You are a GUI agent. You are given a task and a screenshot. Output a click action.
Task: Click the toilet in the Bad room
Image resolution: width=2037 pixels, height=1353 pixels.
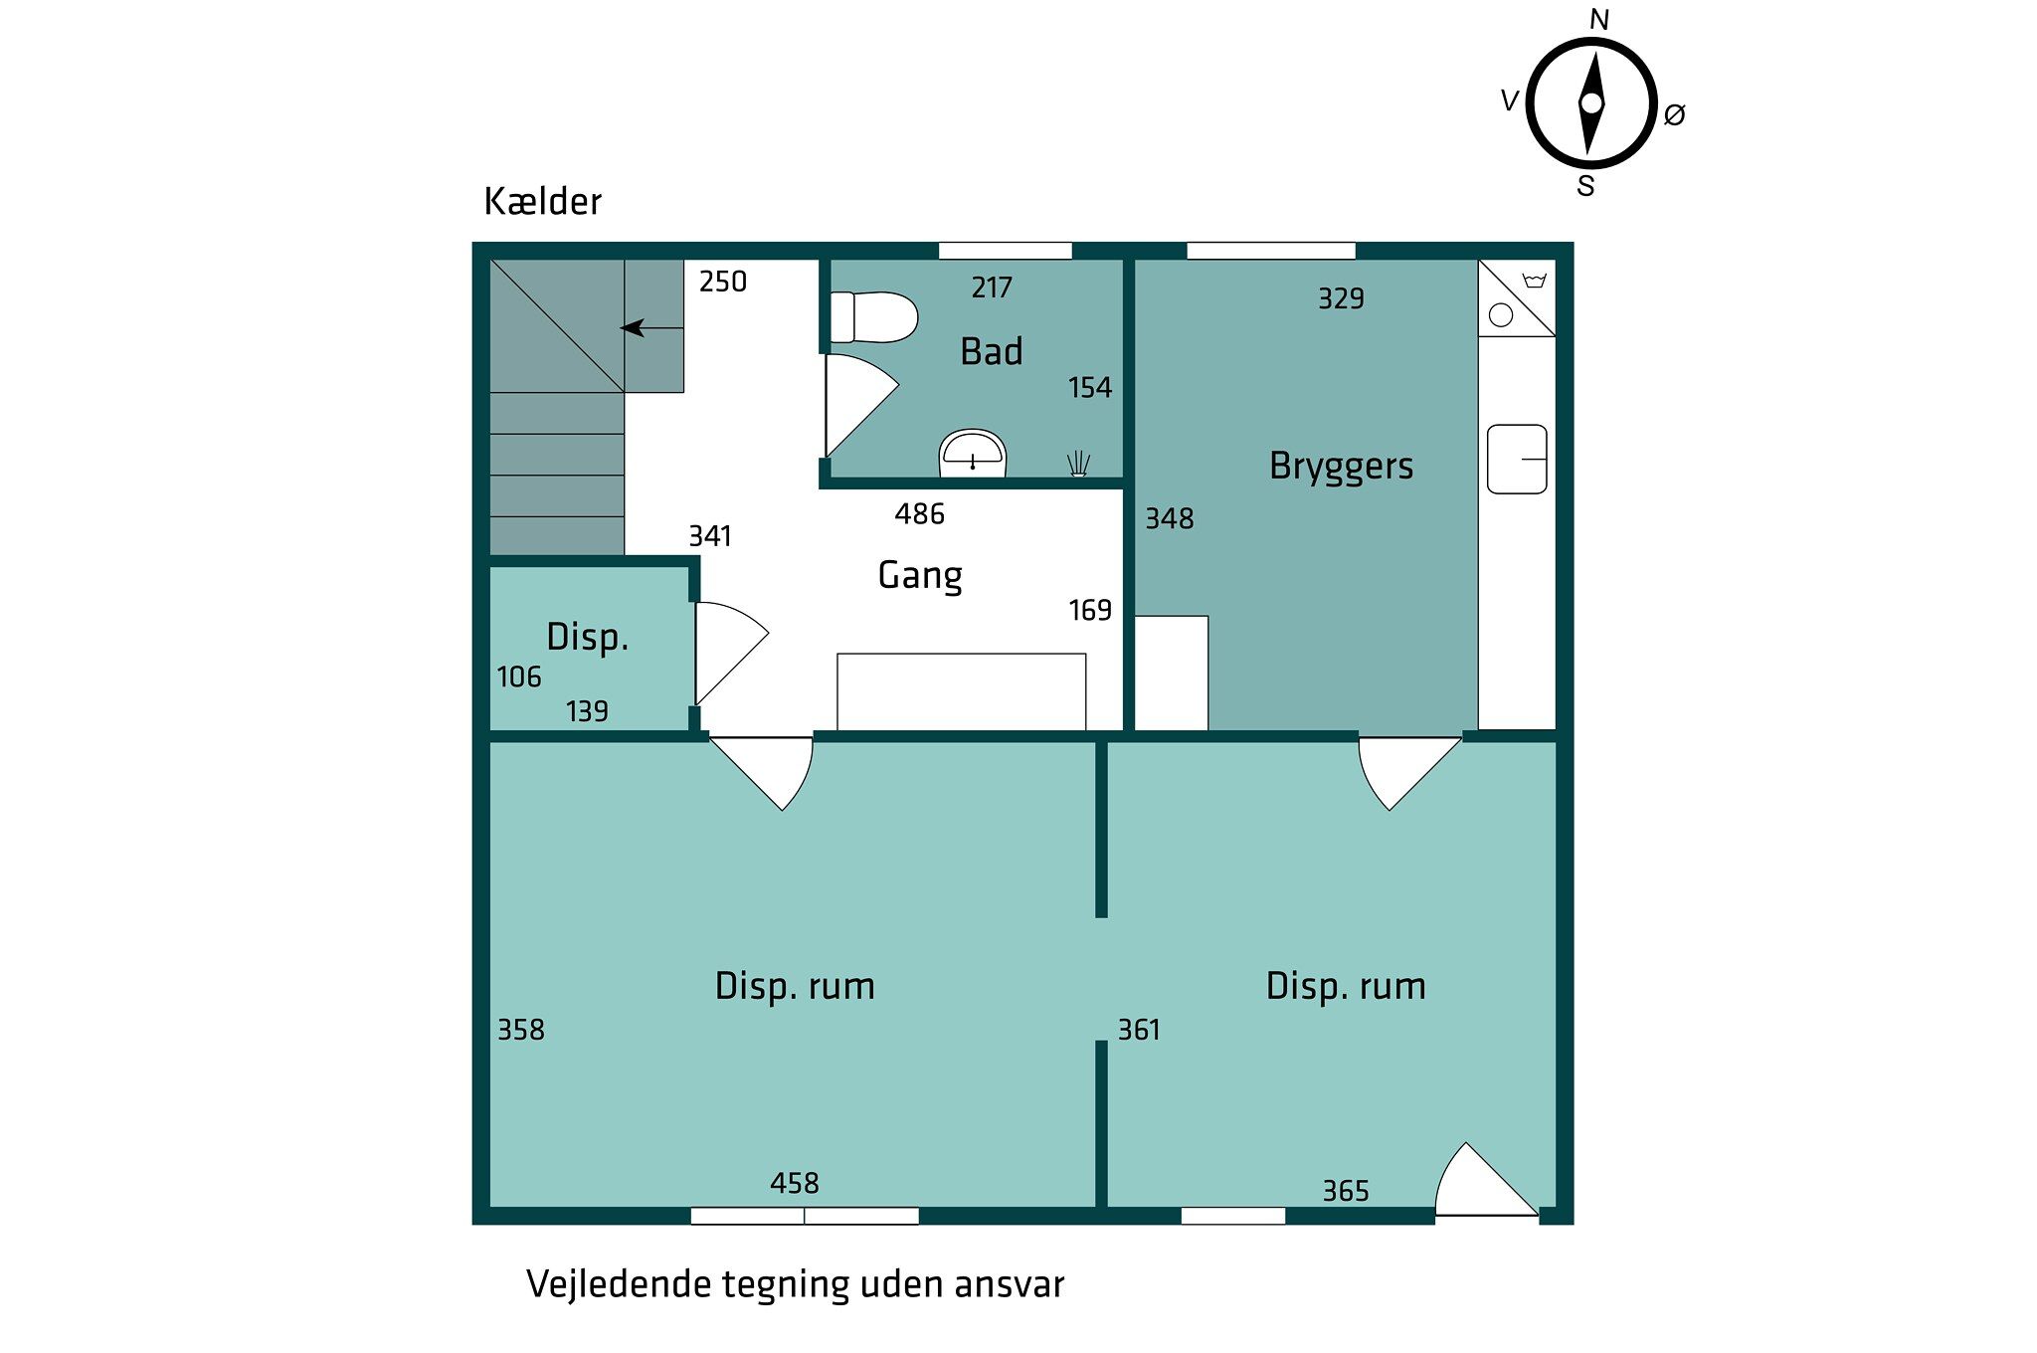click(x=873, y=317)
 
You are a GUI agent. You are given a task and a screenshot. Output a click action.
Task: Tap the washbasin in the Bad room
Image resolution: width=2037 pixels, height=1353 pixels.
click(x=973, y=454)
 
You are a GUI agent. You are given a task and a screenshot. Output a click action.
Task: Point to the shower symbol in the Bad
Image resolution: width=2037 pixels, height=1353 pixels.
click(x=1078, y=464)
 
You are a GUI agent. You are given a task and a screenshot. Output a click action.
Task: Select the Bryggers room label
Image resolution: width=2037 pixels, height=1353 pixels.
click(x=1341, y=467)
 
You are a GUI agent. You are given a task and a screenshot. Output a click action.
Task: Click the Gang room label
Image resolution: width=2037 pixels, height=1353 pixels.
click(x=920, y=576)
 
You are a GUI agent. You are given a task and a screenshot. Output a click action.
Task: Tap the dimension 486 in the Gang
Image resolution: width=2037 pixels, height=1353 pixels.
click(x=919, y=513)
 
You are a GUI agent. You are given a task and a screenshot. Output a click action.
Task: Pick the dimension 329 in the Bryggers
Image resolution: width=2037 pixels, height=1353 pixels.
click(x=1341, y=298)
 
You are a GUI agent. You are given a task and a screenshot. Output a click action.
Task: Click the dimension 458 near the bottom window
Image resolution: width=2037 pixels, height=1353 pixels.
click(x=794, y=1183)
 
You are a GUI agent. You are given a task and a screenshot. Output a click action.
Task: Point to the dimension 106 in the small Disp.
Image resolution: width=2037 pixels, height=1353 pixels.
click(x=519, y=676)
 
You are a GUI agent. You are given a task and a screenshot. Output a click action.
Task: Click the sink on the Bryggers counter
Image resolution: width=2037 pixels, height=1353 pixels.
click(x=1517, y=460)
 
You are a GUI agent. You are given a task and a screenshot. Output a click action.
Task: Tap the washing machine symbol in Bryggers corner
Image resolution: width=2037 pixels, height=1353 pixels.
click(x=1517, y=297)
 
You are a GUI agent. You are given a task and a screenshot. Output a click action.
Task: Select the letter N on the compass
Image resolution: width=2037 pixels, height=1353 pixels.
click(x=1599, y=20)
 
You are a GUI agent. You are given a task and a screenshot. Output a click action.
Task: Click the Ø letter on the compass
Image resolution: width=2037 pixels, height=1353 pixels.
click(x=1675, y=115)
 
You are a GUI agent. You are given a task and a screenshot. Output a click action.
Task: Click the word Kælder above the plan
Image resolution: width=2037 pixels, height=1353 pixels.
click(x=542, y=201)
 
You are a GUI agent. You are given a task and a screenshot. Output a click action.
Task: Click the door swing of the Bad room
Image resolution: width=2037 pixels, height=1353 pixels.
click(x=861, y=404)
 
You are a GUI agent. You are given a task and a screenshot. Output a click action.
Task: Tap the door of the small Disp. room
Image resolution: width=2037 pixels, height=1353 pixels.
click(x=732, y=653)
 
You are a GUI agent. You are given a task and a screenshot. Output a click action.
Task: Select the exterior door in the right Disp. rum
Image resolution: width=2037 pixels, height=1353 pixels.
click(x=1487, y=1179)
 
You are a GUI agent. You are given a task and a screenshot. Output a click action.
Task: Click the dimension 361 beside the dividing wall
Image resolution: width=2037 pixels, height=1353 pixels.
click(x=1139, y=1030)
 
